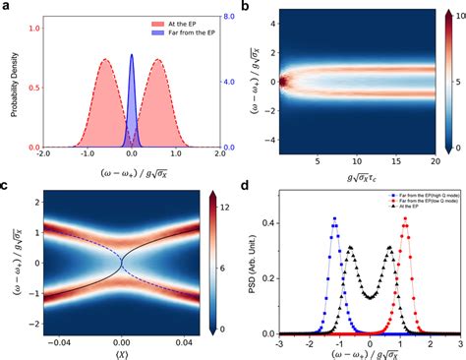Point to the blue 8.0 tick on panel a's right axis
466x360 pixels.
click(223, 15)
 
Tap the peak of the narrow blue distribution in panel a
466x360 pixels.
click(132, 56)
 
